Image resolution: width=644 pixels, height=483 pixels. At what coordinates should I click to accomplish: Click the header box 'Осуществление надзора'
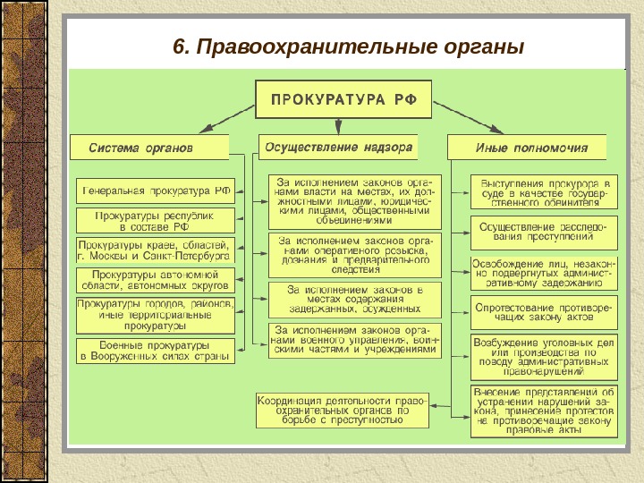point(337,146)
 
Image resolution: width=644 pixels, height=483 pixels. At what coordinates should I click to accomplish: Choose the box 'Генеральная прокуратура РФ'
point(156,191)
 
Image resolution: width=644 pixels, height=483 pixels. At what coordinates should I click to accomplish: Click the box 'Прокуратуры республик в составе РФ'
point(156,221)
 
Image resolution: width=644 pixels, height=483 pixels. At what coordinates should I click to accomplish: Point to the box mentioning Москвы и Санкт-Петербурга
point(156,250)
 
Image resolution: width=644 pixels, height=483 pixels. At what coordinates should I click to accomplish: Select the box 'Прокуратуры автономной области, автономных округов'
point(156,279)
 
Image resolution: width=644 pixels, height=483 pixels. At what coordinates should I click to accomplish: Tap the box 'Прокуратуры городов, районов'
point(156,314)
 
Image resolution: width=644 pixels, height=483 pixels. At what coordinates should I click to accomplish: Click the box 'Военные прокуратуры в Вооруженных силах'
point(156,350)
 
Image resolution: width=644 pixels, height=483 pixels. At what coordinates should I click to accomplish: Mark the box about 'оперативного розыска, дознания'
point(354,254)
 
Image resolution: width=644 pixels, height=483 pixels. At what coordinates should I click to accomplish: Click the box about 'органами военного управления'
point(354,340)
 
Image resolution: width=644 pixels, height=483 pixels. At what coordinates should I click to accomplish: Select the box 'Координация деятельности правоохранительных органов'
point(342,409)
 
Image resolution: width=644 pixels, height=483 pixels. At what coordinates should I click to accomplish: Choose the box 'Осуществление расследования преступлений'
point(543,233)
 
